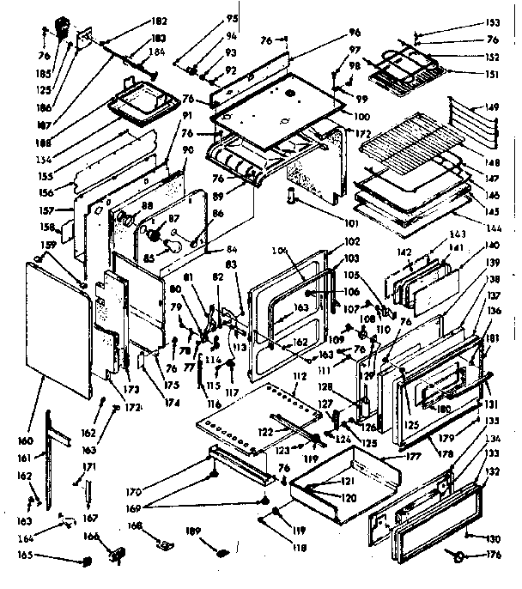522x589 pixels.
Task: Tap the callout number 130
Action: point(493,538)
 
